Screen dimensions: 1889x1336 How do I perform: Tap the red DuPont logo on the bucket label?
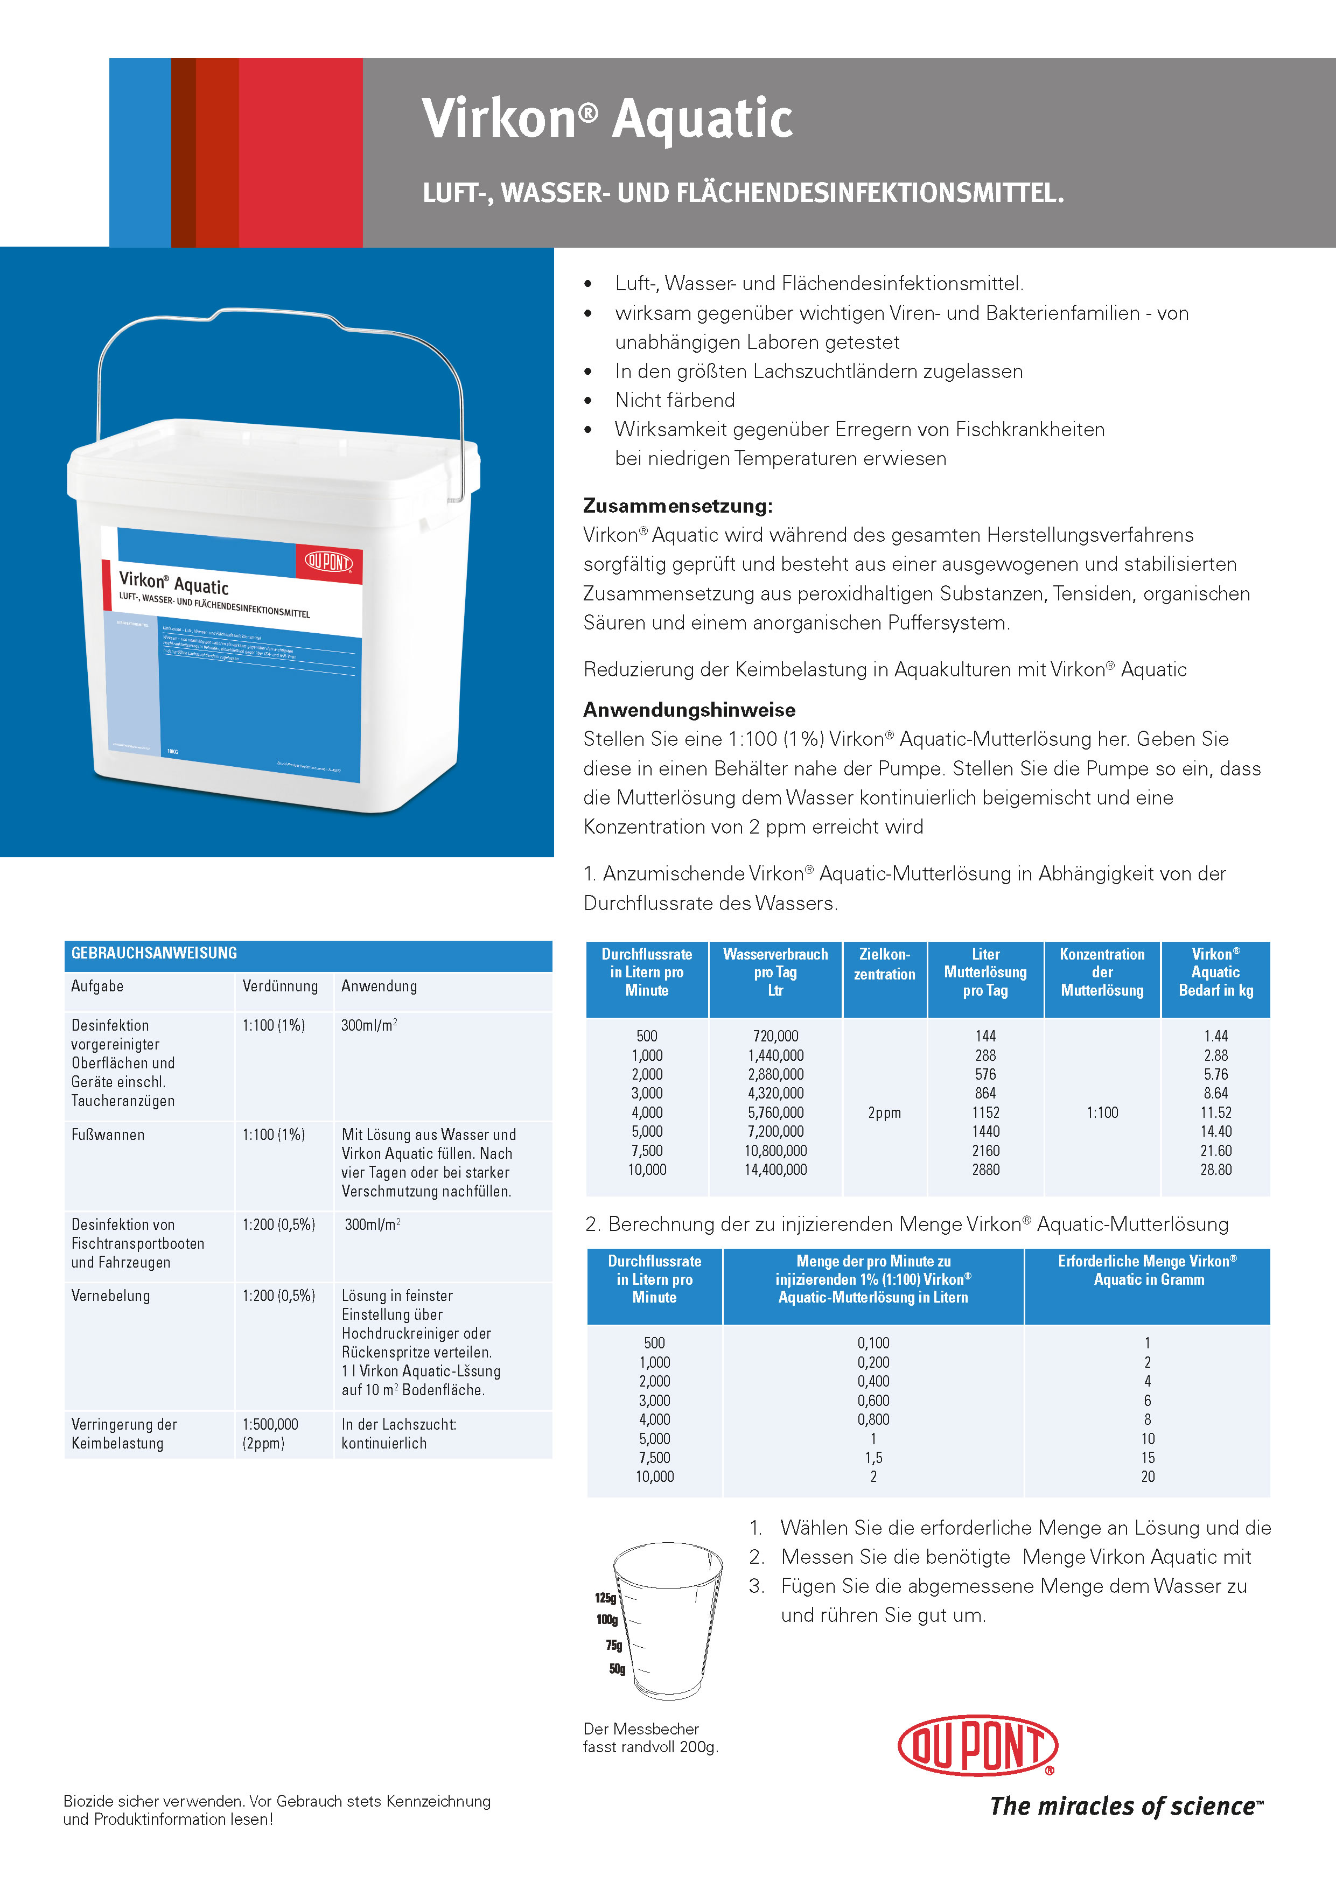328,562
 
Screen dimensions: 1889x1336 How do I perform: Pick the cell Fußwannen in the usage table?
108,1135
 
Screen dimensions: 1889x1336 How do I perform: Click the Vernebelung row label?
110,1295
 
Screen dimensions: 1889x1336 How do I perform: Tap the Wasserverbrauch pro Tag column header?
775,971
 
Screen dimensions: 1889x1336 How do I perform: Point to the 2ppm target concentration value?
884,1113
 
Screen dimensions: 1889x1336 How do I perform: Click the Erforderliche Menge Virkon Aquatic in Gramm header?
1148,1270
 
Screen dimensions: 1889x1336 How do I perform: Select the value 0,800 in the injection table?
873,1419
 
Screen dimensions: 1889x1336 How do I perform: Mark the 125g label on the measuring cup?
605,1598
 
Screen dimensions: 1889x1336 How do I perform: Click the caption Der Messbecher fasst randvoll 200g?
650,1738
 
